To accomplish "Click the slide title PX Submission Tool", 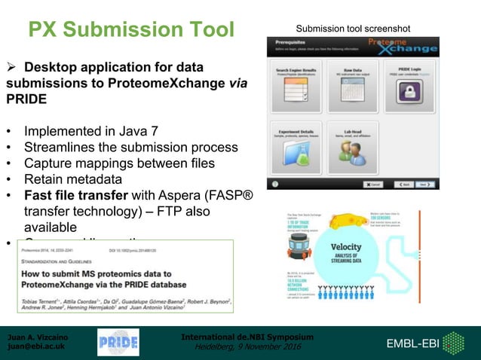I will (x=131, y=29).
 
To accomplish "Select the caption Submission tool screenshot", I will (x=353, y=29).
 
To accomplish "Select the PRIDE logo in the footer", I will (x=118, y=343).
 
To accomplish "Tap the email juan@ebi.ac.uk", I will (x=35, y=347).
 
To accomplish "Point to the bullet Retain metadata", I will (x=72, y=179).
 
